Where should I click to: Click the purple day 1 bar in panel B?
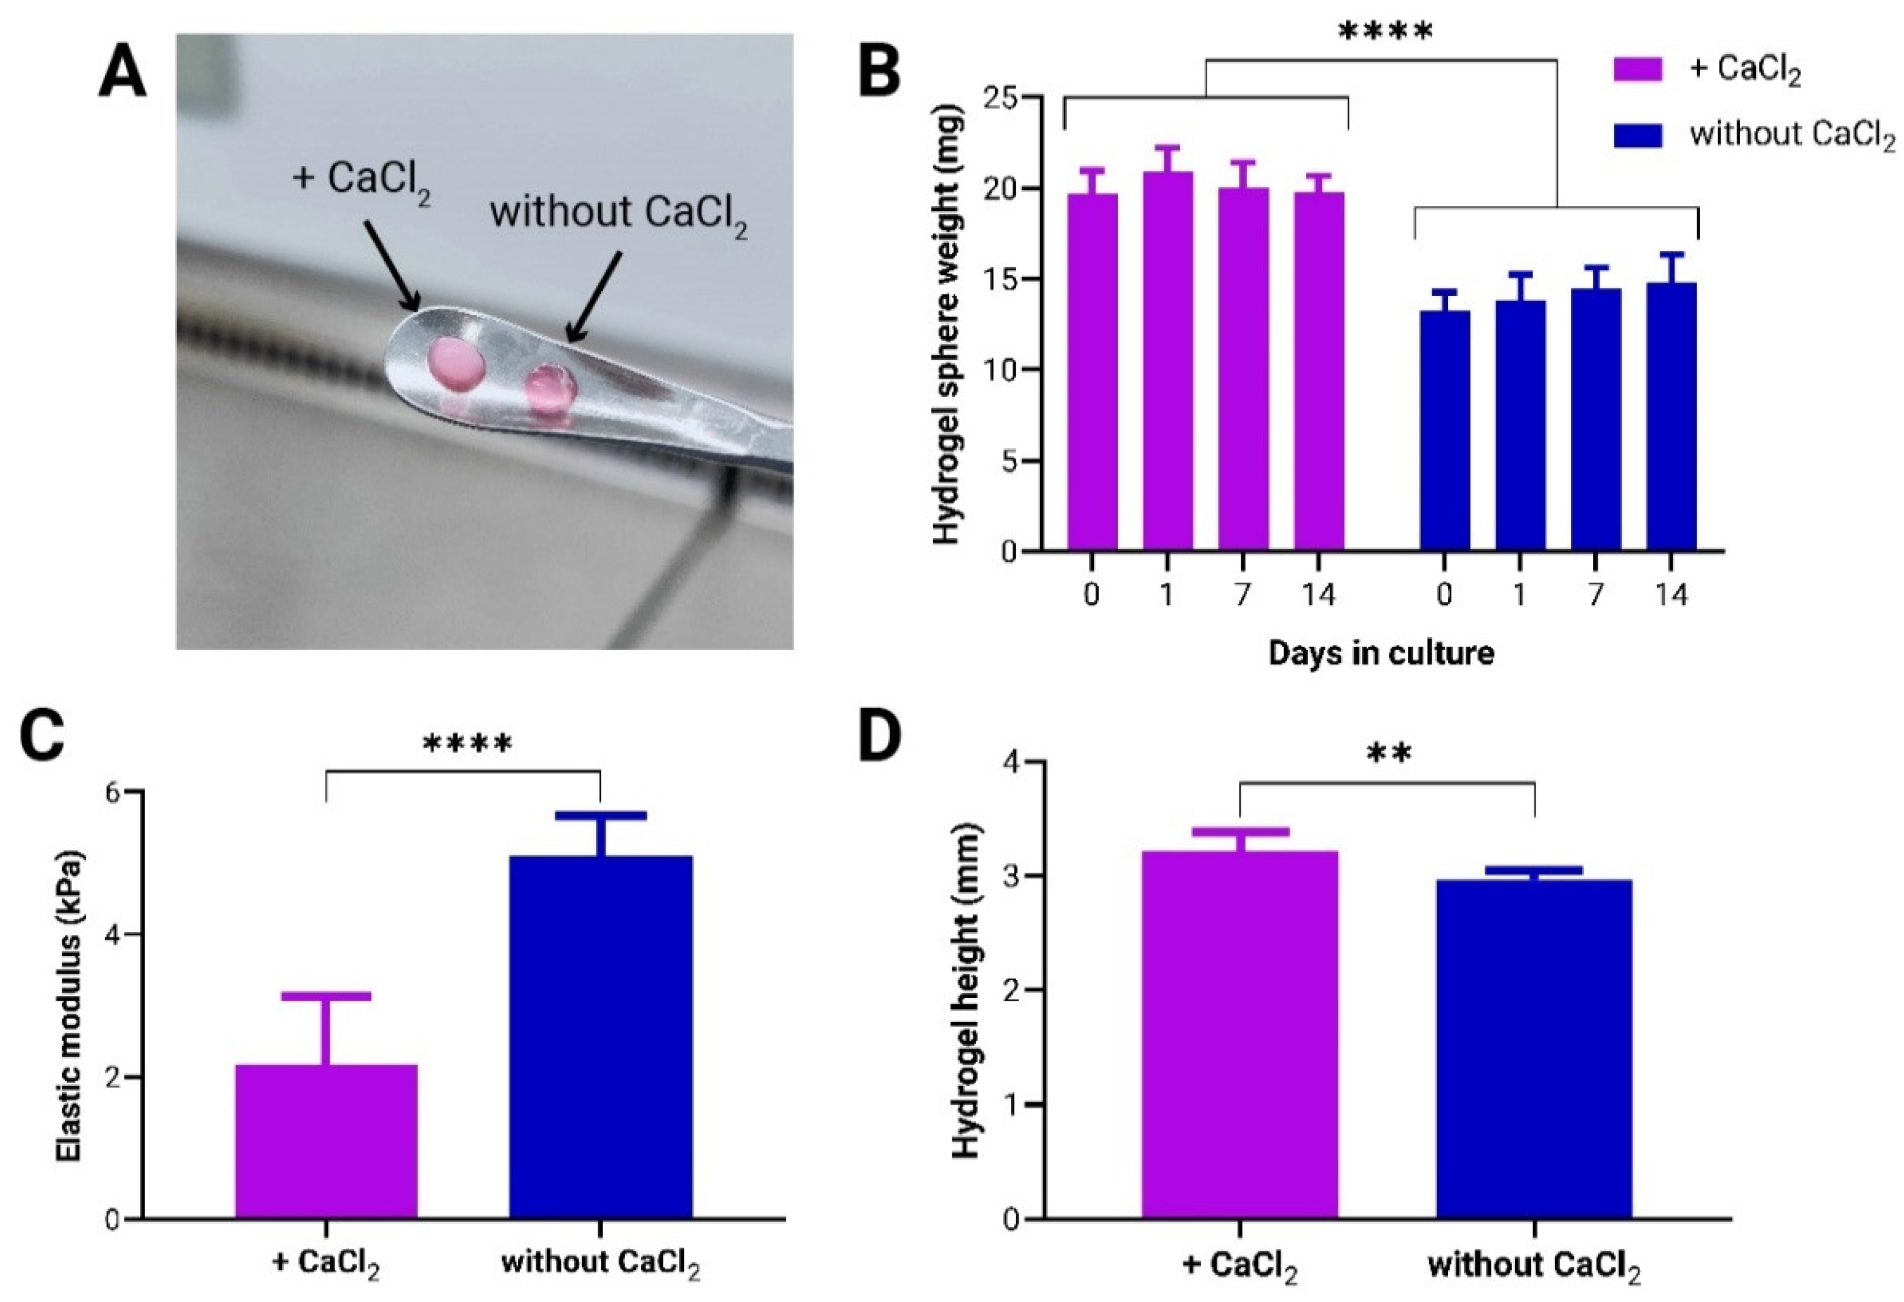1167,361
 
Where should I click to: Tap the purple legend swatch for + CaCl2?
1638,69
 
